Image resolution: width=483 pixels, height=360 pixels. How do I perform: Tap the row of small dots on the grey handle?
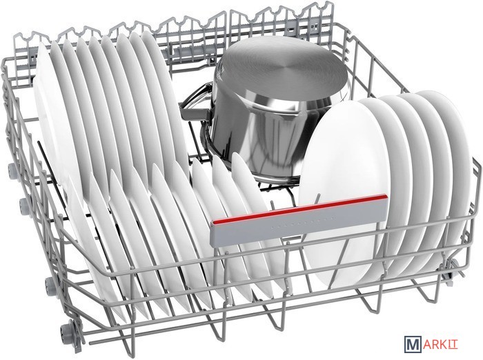pos(302,222)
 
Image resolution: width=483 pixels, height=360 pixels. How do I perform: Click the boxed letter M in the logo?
pos(412,344)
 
